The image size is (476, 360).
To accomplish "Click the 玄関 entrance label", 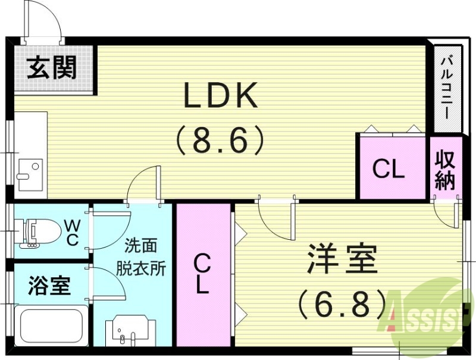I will point(52,68).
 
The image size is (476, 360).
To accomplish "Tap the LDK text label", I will point(220,96).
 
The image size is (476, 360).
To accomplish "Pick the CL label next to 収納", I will point(389,170).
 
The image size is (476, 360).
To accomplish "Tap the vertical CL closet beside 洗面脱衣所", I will point(202,274).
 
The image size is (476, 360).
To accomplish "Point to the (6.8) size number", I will point(342,304).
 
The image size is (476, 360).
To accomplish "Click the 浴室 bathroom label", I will point(49,285).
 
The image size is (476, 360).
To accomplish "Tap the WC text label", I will point(72,232).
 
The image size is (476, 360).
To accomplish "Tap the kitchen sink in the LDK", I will point(30,170).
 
